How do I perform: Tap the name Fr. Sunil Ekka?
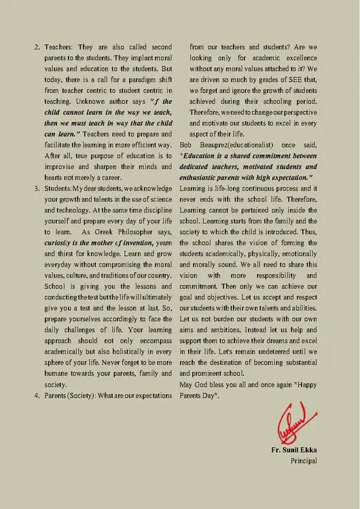tap(293, 449)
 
